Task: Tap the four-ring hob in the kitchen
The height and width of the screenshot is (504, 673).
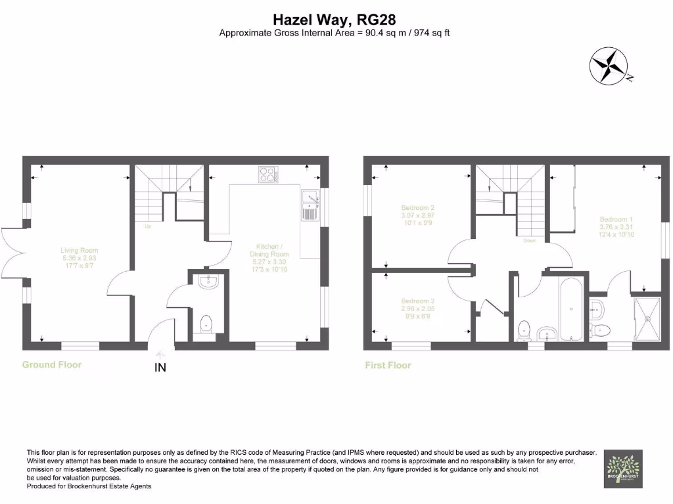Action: coord(267,175)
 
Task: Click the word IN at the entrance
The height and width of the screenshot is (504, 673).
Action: coord(160,368)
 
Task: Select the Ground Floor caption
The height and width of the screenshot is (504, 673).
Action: coord(52,364)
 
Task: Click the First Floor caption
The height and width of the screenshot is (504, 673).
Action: coord(388,365)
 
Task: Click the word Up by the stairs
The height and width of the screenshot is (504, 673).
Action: coord(149,226)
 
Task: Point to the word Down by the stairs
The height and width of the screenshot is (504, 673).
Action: coord(530,240)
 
